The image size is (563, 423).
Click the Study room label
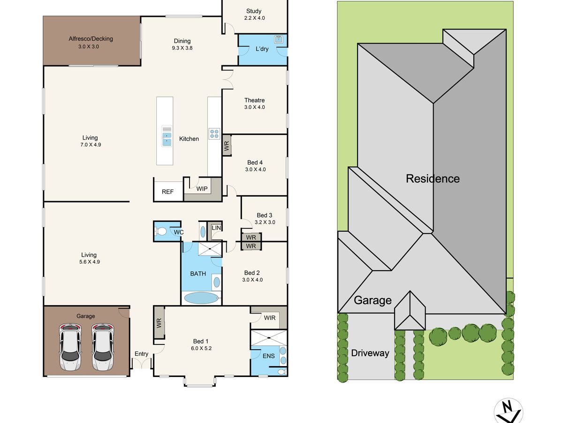[254, 11]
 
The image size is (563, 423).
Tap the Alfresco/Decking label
[91, 39]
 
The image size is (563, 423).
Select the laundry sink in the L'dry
[278, 39]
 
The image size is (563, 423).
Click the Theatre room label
[254, 100]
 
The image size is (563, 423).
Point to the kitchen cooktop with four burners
[214, 133]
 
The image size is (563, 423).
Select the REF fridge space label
[167, 192]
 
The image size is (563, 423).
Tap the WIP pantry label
[202, 189]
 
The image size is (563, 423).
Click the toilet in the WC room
[160, 231]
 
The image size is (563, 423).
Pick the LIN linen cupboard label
[216, 228]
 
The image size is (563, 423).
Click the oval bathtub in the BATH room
[201, 298]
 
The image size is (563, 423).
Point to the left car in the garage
[70, 347]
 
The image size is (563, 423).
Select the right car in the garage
[103, 347]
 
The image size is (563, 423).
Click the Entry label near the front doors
[141, 354]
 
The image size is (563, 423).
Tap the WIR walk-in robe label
[270, 318]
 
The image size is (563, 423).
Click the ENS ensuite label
[268, 356]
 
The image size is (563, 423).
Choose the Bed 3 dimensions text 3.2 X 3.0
[265, 222]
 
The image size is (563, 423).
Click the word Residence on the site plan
[433, 179]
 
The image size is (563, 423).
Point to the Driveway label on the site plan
[370, 353]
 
